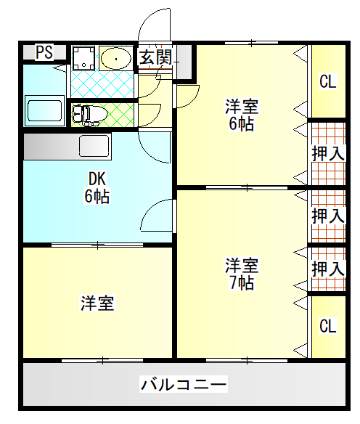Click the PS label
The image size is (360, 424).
tap(44, 52)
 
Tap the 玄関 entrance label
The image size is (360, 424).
tap(155, 57)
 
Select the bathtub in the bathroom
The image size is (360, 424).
tap(45, 110)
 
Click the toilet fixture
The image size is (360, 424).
tap(90, 115)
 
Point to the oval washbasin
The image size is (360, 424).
tap(116, 59)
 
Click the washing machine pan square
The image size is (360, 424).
tap(83, 58)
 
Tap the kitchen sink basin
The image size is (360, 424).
tap(94, 146)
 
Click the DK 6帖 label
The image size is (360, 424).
tap(97, 187)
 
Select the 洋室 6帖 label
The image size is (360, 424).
tap(242, 115)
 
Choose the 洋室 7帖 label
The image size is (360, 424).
tap(242, 274)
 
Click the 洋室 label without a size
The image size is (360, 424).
tap(97, 303)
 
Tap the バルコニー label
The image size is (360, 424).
tap(184, 384)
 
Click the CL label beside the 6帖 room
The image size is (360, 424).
tap(328, 81)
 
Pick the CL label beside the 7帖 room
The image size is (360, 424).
tap(328, 326)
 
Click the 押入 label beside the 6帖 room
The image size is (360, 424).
tap(328, 154)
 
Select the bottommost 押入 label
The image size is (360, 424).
tap(328, 269)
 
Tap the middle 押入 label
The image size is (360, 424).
tap(328, 216)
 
